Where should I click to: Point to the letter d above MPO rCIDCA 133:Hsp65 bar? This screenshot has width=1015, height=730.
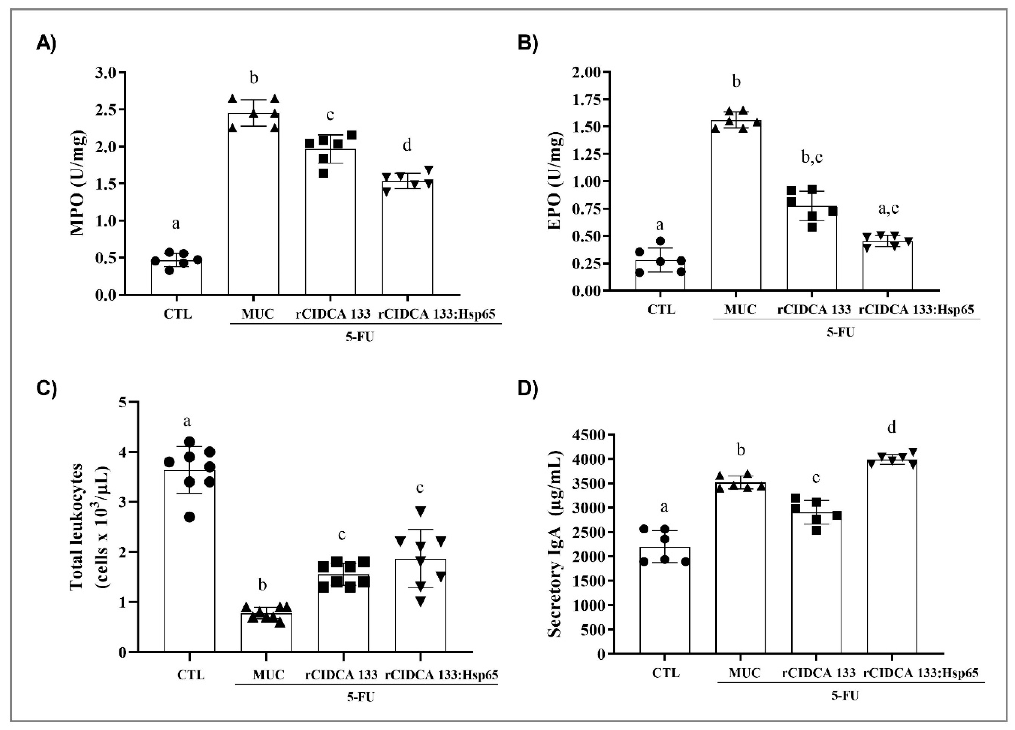[x=407, y=146]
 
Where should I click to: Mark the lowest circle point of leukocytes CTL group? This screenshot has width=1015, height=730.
[x=189, y=517]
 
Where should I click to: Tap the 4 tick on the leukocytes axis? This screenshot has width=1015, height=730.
[x=122, y=452]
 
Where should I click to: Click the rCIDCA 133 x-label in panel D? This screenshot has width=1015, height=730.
[x=818, y=673]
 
